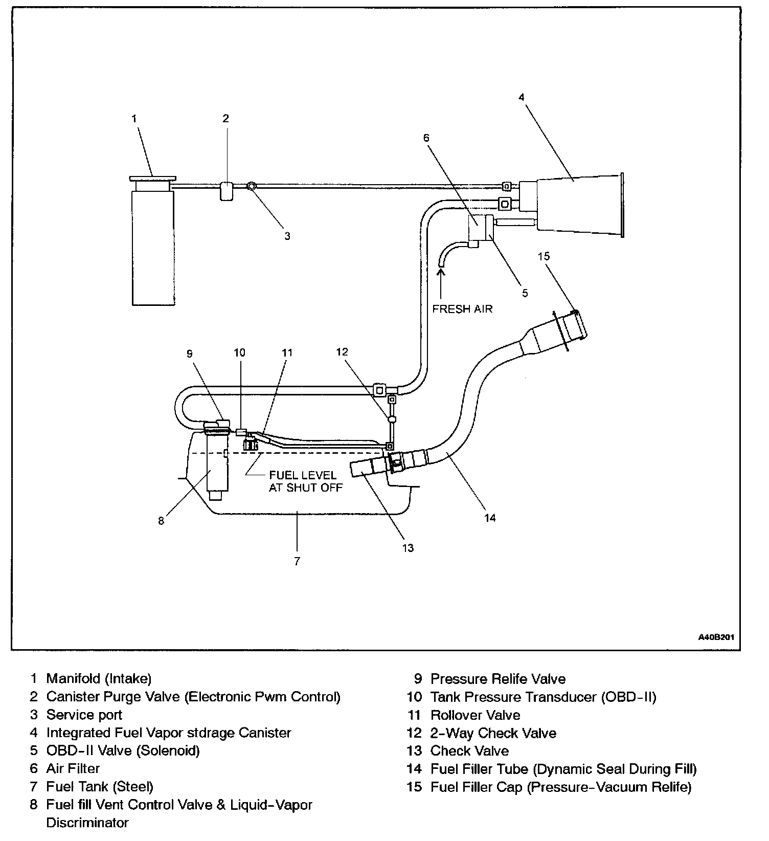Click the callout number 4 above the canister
522,97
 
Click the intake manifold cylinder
153,248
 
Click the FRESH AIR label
462,308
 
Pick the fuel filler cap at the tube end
576,325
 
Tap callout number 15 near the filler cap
544,256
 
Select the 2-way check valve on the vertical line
392,419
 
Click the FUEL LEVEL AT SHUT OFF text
305,481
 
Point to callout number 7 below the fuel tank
297,561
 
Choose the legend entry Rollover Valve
475,715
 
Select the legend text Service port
84,715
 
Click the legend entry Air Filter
73,768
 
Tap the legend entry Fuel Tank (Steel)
100,786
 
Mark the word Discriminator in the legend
87,823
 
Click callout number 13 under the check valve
408,548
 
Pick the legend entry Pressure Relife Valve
497,679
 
